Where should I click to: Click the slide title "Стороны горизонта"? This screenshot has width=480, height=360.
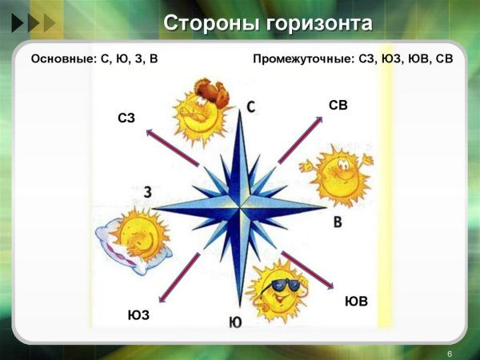tap(267, 24)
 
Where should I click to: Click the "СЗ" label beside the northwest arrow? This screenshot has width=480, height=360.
tap(126, 119)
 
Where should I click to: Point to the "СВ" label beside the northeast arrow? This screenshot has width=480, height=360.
tap(338, 105)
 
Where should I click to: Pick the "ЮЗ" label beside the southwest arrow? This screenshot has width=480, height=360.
tap(138, 315)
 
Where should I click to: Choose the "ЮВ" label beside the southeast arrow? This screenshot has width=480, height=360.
tap(356, 302)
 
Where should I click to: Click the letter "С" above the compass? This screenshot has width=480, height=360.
tap(250, 106)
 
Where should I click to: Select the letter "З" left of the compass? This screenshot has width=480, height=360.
tap(148, 192)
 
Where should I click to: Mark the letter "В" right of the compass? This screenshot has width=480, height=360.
tap(338, 221)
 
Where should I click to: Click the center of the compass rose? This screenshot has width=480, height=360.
tap(239, 208)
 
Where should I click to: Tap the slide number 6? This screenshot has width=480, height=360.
tap(450, 353)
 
